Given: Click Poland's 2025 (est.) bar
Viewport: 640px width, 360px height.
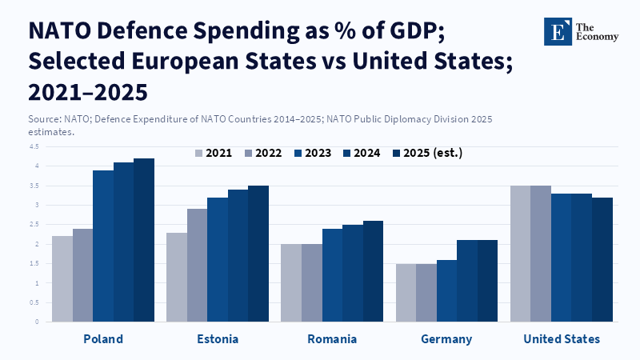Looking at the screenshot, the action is (x=144, y=240).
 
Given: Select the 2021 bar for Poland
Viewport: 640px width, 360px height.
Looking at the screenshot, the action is (x=62, y=278).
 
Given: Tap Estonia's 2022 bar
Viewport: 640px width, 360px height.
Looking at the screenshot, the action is (x=197, y=266).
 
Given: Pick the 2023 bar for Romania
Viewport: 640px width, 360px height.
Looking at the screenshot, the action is (x=332, y=275).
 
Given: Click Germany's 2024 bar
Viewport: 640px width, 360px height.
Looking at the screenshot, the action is (x=467, y=281).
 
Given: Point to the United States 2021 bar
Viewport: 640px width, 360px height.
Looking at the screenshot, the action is (x=521, y=254).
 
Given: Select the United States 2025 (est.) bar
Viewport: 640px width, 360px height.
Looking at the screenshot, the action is (x=602, y=259).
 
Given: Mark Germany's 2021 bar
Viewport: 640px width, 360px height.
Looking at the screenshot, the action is (x=406, y=293).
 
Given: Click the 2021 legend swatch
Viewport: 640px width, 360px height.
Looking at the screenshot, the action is (x=198, y=154).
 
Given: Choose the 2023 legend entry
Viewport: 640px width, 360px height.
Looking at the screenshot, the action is (x=313, y=153).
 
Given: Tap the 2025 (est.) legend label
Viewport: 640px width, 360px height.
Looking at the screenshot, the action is (x=433, y=153).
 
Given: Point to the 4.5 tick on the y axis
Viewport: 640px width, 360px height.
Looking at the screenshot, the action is (x=34, y=146).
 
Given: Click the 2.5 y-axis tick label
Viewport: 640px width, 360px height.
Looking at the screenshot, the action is (x=34, y=225).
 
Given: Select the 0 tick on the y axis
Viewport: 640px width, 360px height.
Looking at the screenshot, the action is (x=37, y=322).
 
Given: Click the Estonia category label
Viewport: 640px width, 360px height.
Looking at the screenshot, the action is (x=218, y=339).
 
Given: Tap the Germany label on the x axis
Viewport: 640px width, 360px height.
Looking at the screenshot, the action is (x=446, y=339).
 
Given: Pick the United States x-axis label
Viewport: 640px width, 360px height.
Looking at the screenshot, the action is (x=562, y=339).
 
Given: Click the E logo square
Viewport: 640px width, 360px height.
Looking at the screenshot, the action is (x=558, y=31).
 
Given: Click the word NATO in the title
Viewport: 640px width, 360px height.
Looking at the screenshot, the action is (x=59, y=30).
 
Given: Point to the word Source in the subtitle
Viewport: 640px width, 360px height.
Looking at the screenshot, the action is (x=44, y=119).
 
